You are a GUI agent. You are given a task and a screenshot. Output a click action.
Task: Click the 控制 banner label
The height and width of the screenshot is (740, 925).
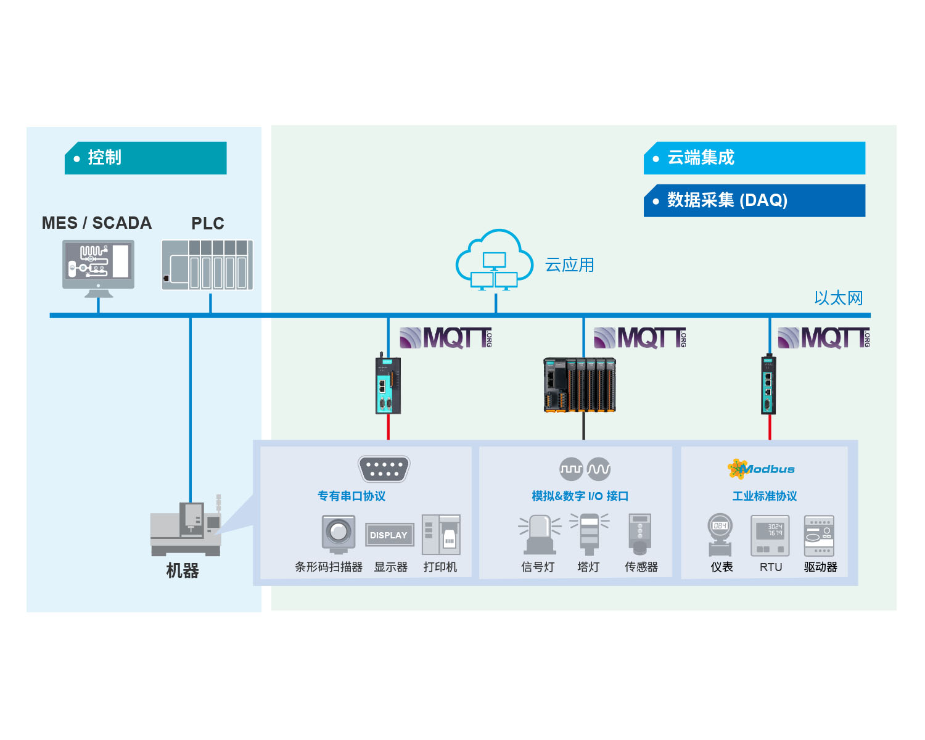pyautogui.click(x=146, y=158)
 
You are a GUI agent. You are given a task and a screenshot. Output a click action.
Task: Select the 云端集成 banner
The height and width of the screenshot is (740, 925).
pyautogui.click(x=754, y=158)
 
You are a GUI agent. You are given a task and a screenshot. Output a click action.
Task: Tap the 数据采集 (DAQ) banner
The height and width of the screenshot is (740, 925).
pyautogui.click(x=754, y=200)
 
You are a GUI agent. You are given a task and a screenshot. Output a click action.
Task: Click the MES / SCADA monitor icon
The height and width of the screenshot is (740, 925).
pyautogui.click(x=99, y=268)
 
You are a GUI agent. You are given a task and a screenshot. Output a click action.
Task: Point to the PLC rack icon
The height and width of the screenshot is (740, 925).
pyautogui.click(x=207, y=265)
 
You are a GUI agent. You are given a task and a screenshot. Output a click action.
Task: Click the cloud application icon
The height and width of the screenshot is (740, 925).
pyautogui.click(x=495, y=260)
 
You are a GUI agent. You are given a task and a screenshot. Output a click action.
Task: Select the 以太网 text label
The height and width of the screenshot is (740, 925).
pyautogui.click(x=839, y=298)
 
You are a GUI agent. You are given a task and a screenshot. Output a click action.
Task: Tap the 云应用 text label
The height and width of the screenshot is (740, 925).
pyautogui.click(x=570, y=265)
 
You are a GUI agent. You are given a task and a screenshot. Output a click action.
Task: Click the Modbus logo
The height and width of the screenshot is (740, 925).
pyautogui.click(x=761, y=469)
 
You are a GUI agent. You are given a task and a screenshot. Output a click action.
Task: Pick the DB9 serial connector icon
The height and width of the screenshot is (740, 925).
pyautogui.click(x=384, y=469)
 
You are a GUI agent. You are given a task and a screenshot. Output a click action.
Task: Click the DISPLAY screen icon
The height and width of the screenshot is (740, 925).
pyautogui.click(x=390, y=535)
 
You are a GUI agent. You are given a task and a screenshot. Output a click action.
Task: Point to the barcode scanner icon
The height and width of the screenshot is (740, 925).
pyautogui.click(x=339, y=533)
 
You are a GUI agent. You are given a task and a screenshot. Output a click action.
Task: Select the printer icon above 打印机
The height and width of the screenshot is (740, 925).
pyautogui.click(x=441, y=535)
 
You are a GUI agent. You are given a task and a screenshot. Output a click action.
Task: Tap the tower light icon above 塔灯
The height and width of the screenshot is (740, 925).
pyautogui.click(x=590, y=533)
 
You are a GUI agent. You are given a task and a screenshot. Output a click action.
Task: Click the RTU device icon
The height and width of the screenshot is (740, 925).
pyautogui.click(x=770, y=536)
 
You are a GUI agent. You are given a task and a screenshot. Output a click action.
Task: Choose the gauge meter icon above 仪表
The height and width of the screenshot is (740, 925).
pyautogui.click(x=720, y=535)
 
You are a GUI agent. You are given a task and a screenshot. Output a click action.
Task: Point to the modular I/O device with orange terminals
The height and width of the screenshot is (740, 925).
pyautogui.click(x=580, y=385)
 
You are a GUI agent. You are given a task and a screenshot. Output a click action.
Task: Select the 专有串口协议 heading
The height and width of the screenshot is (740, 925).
pyautogui.click(x=351, y=496)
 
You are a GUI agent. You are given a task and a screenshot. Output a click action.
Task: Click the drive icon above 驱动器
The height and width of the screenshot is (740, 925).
pyautogui.click(x=820, y=536)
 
